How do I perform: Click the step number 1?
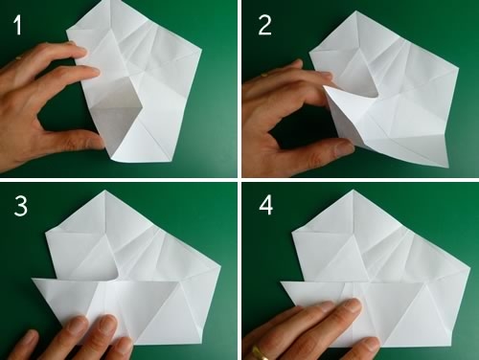click(x=18, y=25)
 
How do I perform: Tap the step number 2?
click(x=264, y=25)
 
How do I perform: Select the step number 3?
click(x=21, y=206)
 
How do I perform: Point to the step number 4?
click(x=266, y=206)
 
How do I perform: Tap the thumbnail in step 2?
click(x=344, y=147)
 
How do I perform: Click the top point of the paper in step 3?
click(x=105, y=191)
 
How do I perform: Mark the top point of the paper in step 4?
click(x=353, y=190)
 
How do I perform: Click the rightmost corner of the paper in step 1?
click(x=201, y=50)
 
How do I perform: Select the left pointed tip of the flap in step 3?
click(x=33, y=280)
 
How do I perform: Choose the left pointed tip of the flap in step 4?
click(x=281, y=282)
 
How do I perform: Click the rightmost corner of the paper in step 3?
click(x=220, y=265)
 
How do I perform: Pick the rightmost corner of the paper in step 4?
click(x=469, y=267)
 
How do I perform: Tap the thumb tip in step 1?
click(x=98, y=141)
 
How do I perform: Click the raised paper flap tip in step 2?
click(x=324, y=85)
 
